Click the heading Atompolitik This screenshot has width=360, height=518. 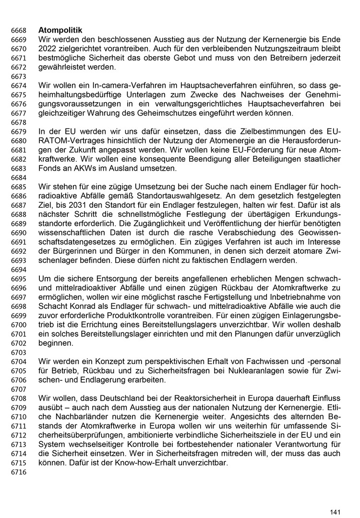pyautogui.click(x=60, y=30)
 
